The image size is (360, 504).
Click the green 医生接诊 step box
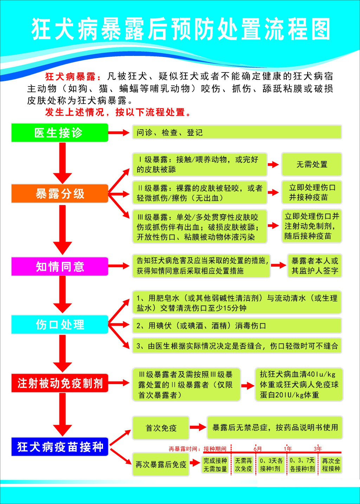click(60, 133)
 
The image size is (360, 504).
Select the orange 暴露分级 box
click(60, 193)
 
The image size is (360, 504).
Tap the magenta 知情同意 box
click(60, 266)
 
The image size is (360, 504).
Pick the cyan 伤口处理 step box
click(60, 324)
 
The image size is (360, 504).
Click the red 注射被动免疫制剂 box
click(60, 383)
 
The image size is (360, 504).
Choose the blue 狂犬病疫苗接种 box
click(60, 447)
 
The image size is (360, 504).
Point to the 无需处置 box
click(311, 164)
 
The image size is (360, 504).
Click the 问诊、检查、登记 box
click(237, 132)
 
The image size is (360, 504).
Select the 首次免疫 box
click(161, 428)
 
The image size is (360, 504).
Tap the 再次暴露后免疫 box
click(161, 464)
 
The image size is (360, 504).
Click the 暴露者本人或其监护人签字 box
click(315, 266)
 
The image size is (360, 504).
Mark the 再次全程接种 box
click(331, 465)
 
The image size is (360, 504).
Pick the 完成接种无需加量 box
click(215, 465)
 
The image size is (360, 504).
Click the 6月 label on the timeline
click(258, 449)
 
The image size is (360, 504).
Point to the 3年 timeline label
click(318, 449)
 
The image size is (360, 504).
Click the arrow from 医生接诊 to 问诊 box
click(119, 133)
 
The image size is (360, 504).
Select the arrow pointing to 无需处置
click(273, 165)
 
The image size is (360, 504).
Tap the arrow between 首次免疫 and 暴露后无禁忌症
click(198, 427)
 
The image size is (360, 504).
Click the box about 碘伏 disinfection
click(237, 326)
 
